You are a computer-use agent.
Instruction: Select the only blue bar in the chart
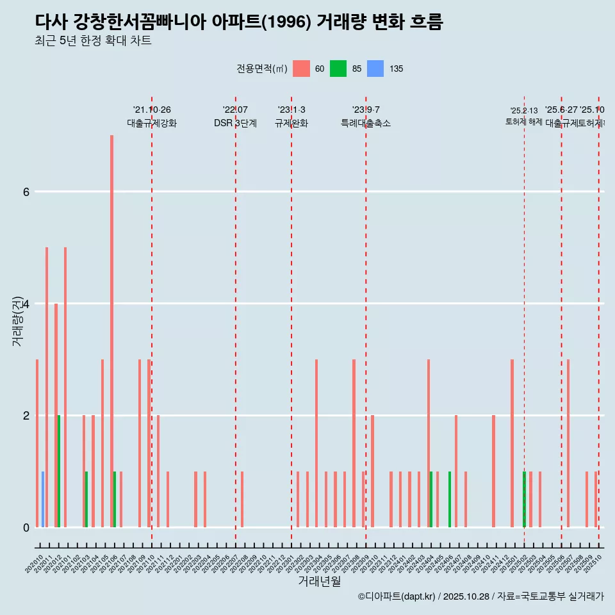(43, 500)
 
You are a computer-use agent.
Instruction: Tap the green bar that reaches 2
(59, 471)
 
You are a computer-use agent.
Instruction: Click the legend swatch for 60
(301, 69)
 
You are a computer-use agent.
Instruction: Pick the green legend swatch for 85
(338, 69)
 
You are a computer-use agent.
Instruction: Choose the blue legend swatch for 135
(375, 69)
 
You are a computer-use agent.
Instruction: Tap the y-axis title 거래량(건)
(18, 321)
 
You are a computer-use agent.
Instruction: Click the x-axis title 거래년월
(319, 581)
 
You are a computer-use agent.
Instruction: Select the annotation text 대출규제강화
(152, 123)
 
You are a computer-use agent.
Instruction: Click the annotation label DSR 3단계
(236, 123)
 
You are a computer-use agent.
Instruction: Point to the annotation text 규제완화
(291, 123)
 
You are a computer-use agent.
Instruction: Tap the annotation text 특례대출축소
(366, 123)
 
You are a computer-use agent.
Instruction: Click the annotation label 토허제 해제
(524, 121)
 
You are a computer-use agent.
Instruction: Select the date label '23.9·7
(366, 110)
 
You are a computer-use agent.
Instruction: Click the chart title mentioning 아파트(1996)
(239, 22)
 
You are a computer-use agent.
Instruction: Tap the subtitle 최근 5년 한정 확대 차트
(93, 41)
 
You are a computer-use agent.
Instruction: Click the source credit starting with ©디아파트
(480, 596)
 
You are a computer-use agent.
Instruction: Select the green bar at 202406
(450, 500)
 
